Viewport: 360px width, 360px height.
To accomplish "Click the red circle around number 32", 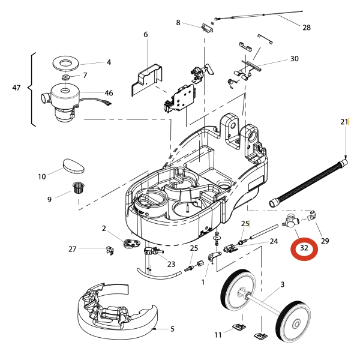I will pyautogui.click(x=304, y=248).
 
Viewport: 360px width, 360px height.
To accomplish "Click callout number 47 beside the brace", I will pyautogui.click(x=16, y=88).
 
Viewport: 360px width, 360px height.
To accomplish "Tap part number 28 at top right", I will pyautogui.click(x=307, y=28).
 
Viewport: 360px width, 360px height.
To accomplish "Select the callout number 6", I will pyautogui.click(x=145, y=35).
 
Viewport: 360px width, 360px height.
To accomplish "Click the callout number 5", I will pyautogui.click(x=172, y=328).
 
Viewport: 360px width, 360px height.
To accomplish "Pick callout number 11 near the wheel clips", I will pyautogui.click(x=218, y=335).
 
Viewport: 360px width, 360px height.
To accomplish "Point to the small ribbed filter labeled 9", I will pyautogui.click(x=77, y=187).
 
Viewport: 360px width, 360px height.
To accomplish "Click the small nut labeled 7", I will pyautogui.click(x=66, y=77).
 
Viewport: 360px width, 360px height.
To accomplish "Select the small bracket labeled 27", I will pyautogui.click(x=110, y=250).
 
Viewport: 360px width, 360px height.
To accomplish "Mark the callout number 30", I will pyautogui.click(x=294, y=59).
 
